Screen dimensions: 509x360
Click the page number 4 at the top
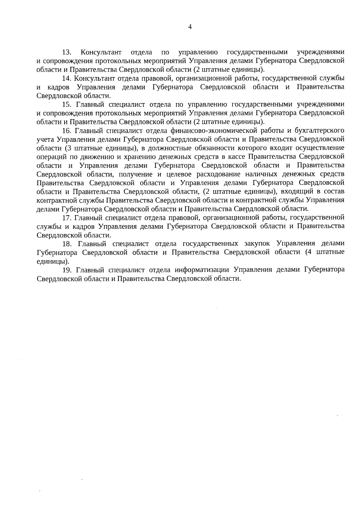coord(190,27)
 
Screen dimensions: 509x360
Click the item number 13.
coord(66,53)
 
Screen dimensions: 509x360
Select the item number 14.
coord(66,79)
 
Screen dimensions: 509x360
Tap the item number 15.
coord(67,105)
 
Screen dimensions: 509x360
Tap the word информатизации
coord(202,269)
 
